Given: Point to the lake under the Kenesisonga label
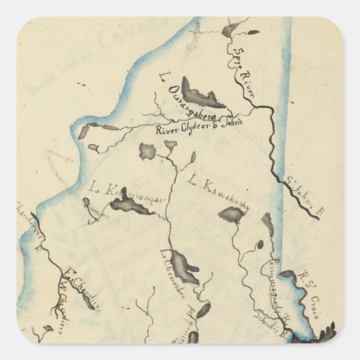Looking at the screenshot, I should (131, 207).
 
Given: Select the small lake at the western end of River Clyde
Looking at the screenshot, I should (84, 132).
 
